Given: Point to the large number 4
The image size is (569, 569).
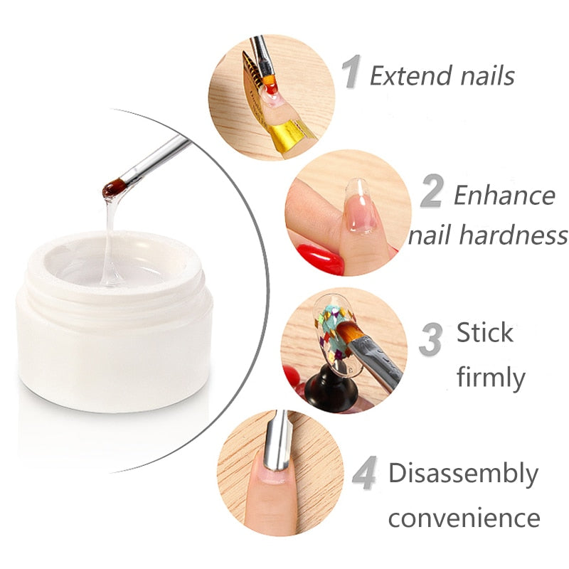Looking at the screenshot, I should (364, 474).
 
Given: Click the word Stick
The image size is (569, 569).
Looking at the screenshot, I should (484, 332).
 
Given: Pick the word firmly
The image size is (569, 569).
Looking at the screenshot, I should (491, 376).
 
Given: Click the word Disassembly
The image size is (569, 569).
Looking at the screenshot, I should (463, 473).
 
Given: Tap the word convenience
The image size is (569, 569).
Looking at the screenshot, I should (464, 517).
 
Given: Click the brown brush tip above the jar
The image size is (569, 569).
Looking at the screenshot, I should (112, 188).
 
